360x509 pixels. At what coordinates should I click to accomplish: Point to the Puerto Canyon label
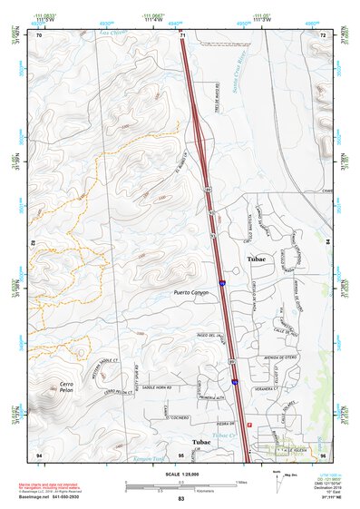point(191,293)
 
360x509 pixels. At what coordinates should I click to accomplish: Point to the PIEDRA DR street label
point(225,420)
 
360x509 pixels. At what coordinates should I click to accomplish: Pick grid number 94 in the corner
point(39,453)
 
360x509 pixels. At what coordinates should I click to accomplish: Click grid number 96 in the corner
point(323,453)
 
